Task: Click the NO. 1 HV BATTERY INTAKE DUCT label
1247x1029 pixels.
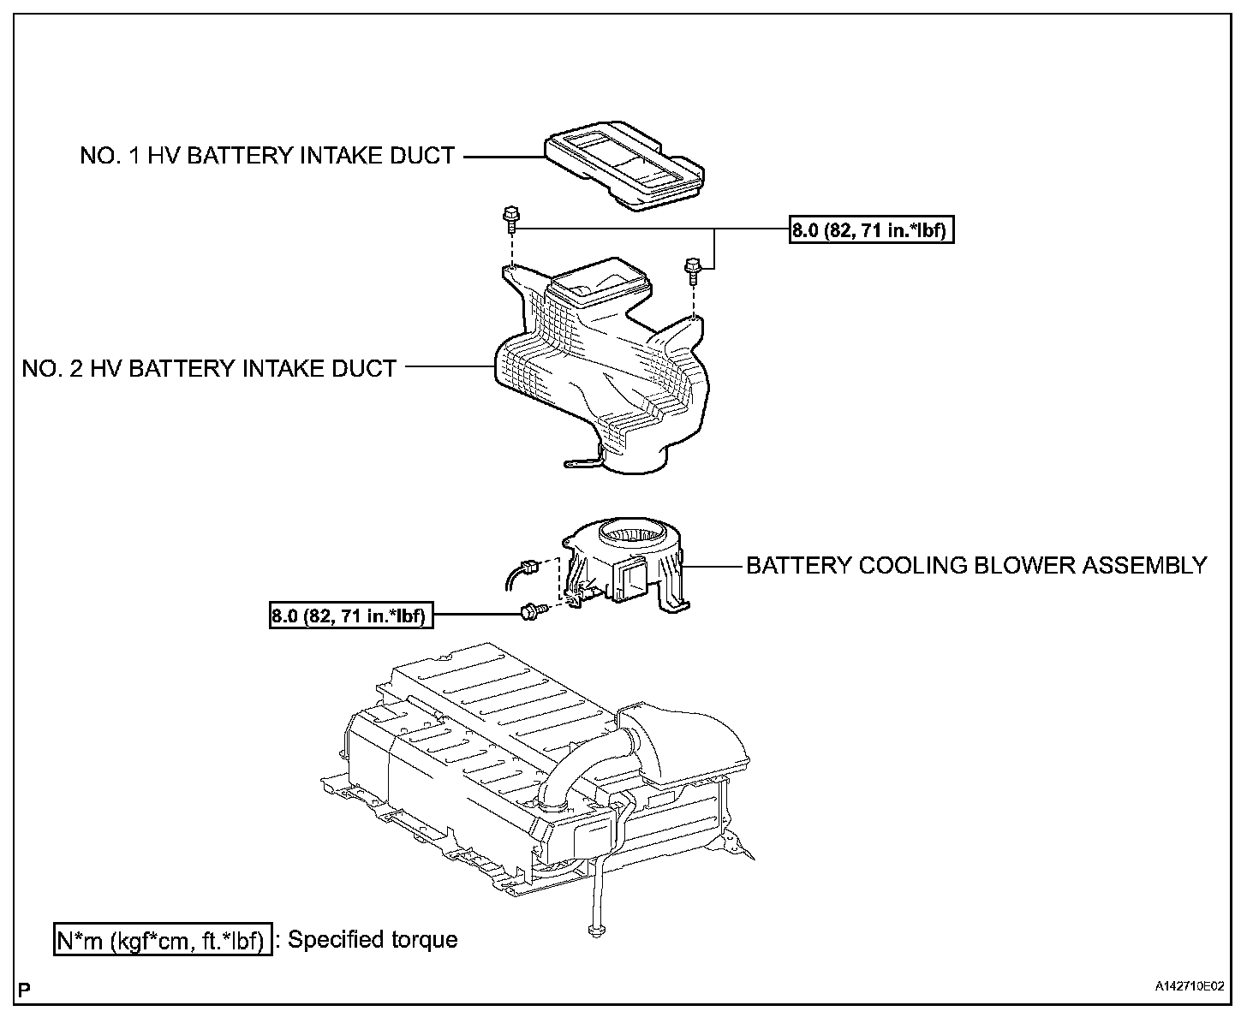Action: [266, 156]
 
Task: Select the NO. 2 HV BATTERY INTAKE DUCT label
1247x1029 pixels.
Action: [209, 368]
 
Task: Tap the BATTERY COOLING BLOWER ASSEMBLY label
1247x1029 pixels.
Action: [976, 565]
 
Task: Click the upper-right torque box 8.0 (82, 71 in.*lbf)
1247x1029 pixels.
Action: [871, 230]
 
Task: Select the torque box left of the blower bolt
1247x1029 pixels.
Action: [349, 615]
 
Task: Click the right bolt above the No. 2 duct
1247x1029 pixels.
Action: [692, 269]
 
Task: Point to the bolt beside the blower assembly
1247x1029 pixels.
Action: [530, 610]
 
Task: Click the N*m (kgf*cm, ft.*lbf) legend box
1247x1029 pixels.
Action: [162, 940]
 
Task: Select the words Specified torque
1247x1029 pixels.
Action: [373, 940]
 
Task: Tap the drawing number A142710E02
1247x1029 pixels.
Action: [1190, 987]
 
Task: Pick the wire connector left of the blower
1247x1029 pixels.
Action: [530, 566]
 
